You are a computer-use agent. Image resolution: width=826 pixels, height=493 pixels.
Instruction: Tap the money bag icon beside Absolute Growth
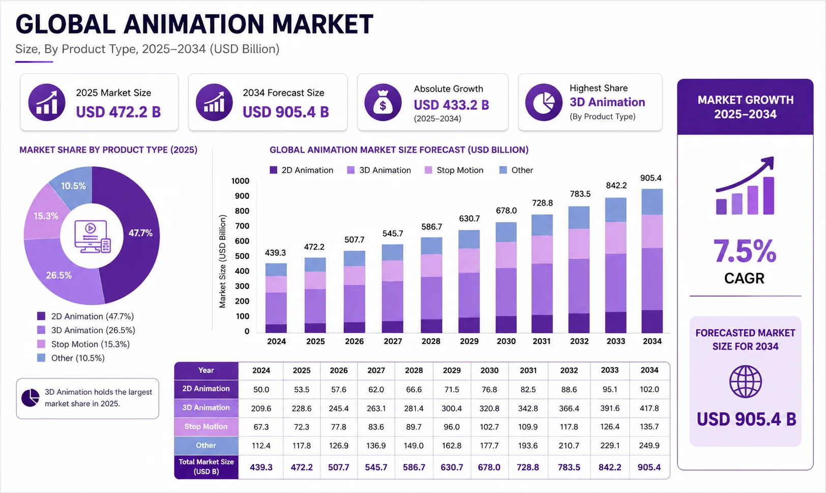tap(383, 102)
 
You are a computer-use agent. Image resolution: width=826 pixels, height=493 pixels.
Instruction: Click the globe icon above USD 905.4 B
tap(745, 381)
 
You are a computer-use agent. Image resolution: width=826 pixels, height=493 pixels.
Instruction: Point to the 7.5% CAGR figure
tap(745, 251)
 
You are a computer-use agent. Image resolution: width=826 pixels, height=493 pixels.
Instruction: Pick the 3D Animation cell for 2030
tap(489, 408)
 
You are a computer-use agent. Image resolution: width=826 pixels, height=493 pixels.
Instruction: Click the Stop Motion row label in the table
tap(206, 426)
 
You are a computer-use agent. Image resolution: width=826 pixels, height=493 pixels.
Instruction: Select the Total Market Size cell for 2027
tap(376, 467)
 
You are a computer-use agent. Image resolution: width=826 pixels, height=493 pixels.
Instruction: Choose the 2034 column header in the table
tap(650, 370)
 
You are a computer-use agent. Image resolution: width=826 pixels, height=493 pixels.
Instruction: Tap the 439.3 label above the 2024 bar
tap(276, 252)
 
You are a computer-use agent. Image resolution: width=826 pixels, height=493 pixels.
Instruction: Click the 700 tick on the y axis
tap(242, 226)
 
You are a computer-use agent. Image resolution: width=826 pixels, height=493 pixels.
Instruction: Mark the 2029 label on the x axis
tap(469, 341)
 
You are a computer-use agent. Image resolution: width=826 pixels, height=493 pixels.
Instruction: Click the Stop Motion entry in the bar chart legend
tap(454, 170)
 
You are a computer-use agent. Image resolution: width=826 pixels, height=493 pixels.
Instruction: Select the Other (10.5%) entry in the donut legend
tap(71, 358)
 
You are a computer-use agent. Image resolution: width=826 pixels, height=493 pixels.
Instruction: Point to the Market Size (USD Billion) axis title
tap(222, 261)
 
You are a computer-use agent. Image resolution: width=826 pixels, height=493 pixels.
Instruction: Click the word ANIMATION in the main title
tap(194, 24)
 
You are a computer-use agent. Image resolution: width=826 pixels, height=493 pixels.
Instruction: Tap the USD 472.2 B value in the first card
tap(119, 112)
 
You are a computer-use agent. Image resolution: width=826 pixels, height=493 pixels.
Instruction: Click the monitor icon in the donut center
tap(92, 237)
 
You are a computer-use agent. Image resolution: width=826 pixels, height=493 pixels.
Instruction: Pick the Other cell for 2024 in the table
tap(261, 446)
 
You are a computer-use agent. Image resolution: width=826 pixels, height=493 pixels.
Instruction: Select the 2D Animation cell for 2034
tap(650, 389)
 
